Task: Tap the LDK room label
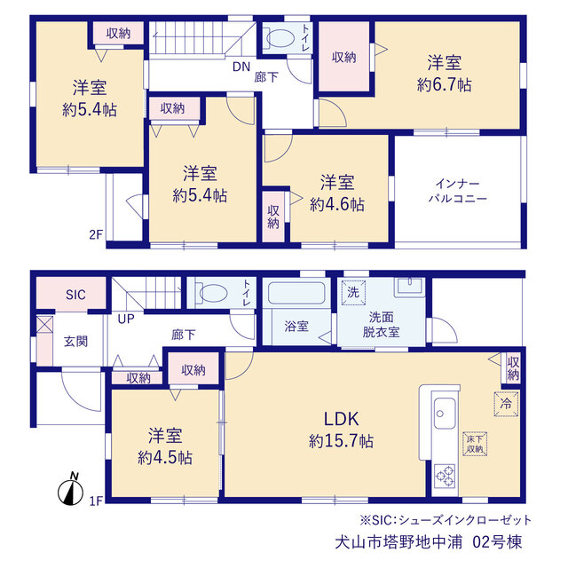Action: pos(341,419)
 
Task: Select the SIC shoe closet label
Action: pos(75,295)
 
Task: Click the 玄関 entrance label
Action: pos(75,341)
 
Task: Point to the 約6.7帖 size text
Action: pos(445,85)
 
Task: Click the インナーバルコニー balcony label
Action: pos(458,191)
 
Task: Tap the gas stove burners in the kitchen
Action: pos(446,476)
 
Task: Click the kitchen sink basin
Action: pos(445,413)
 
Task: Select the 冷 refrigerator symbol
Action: pos(506,404)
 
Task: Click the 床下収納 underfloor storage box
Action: pos(475,444)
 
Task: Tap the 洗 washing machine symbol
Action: pos(353,292)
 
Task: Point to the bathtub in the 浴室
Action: pos(296,293)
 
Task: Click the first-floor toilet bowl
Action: pos(213,293)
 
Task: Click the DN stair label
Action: pos(241,67)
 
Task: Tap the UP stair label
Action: pos(126,319)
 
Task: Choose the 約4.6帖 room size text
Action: pos(337,205)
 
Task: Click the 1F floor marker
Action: pos(97,501)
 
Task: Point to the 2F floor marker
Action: pos(96,234)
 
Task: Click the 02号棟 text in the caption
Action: pos(497,542)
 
